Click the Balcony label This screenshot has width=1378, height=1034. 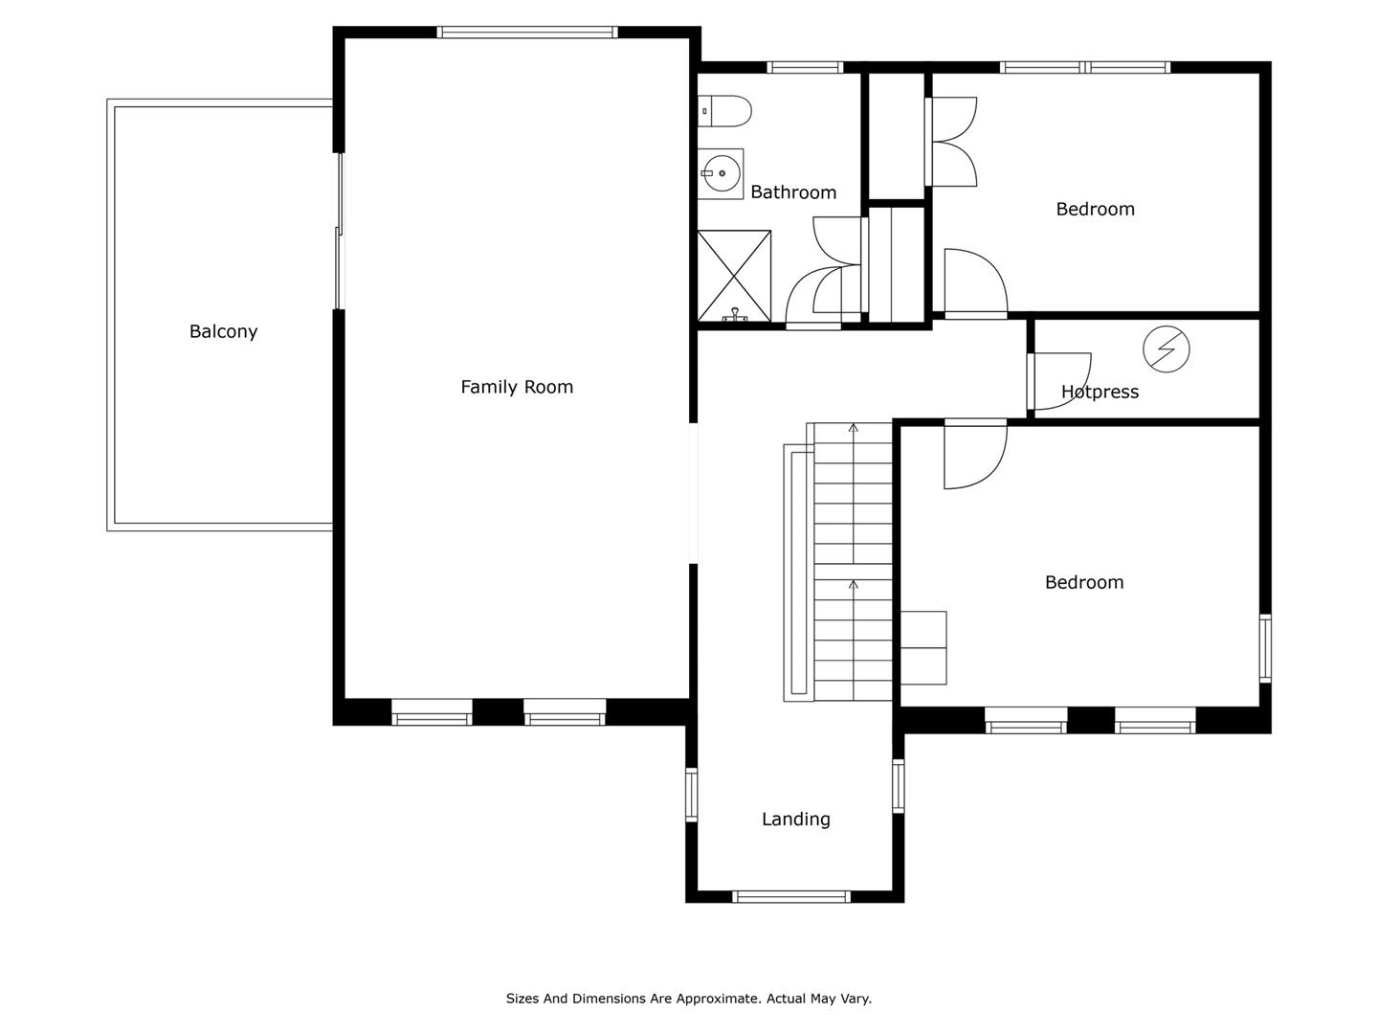click(x=224, y=331)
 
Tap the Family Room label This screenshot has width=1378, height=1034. click(x=517, y=387)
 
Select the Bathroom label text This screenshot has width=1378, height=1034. click(x=793, y=192)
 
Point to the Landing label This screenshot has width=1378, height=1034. click(x=796, y=820)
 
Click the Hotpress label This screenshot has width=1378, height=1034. click(x=1100, y=392)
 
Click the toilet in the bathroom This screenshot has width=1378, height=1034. click(x=724, y=111)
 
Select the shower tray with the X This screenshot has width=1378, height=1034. click(x=735, y=277)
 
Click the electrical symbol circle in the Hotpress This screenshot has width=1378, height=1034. click(x=1167, y=349)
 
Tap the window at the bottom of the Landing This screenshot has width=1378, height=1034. click(x=791, y=897)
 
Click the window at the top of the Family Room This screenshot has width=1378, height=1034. click(x=527, y=32)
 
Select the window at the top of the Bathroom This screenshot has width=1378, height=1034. click(x=805, y=67)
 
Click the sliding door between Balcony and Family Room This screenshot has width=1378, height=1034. click(x=339, y=231)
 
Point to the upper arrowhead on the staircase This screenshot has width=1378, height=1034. click(x=854, y=428)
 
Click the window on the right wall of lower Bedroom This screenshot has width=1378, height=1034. click(x=1266, y=648)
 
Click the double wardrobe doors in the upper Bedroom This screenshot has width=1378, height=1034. click(x=952, y=142)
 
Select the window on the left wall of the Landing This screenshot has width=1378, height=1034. click(x=691, y=795)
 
